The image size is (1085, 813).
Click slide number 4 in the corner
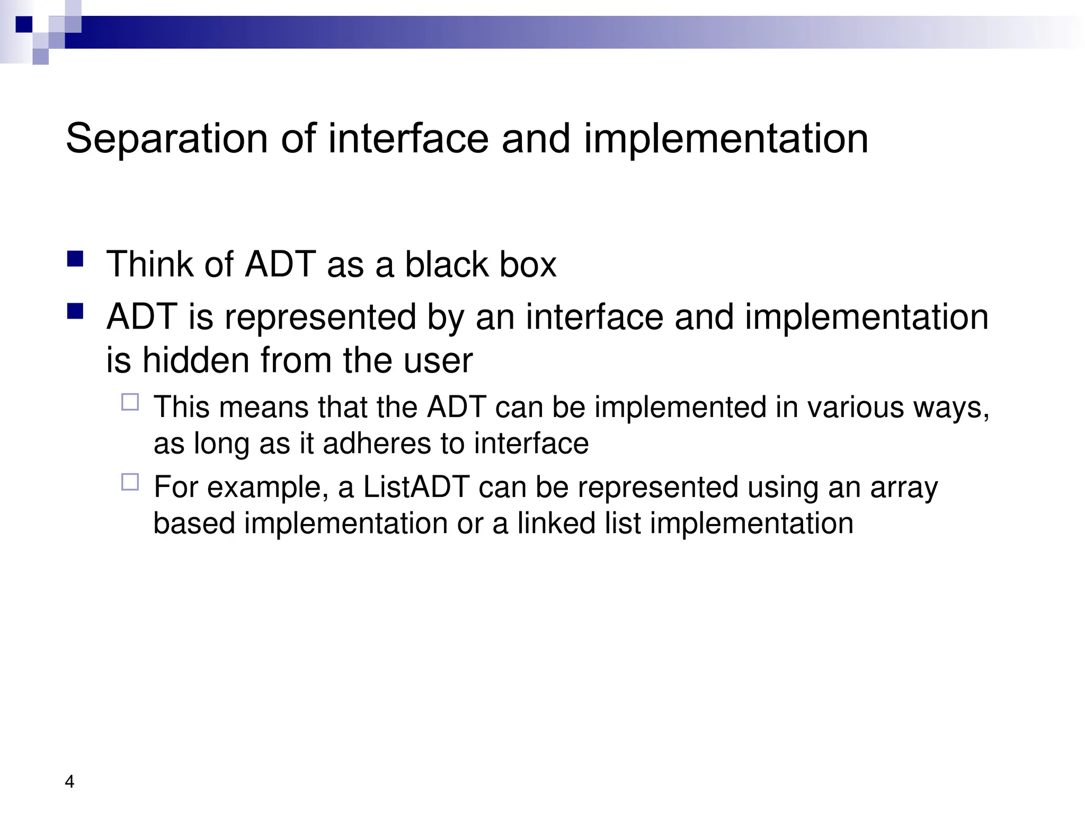(x=69, y=782)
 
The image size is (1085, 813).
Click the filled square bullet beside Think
(x=75, y=259)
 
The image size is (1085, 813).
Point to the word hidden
(x=195, y=360)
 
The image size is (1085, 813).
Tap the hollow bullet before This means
(x=130, y=402)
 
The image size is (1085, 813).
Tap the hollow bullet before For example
(x=130, y=482)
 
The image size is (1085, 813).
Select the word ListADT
(x=416, y=487)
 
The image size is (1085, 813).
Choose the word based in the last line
(x=194, y=523)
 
